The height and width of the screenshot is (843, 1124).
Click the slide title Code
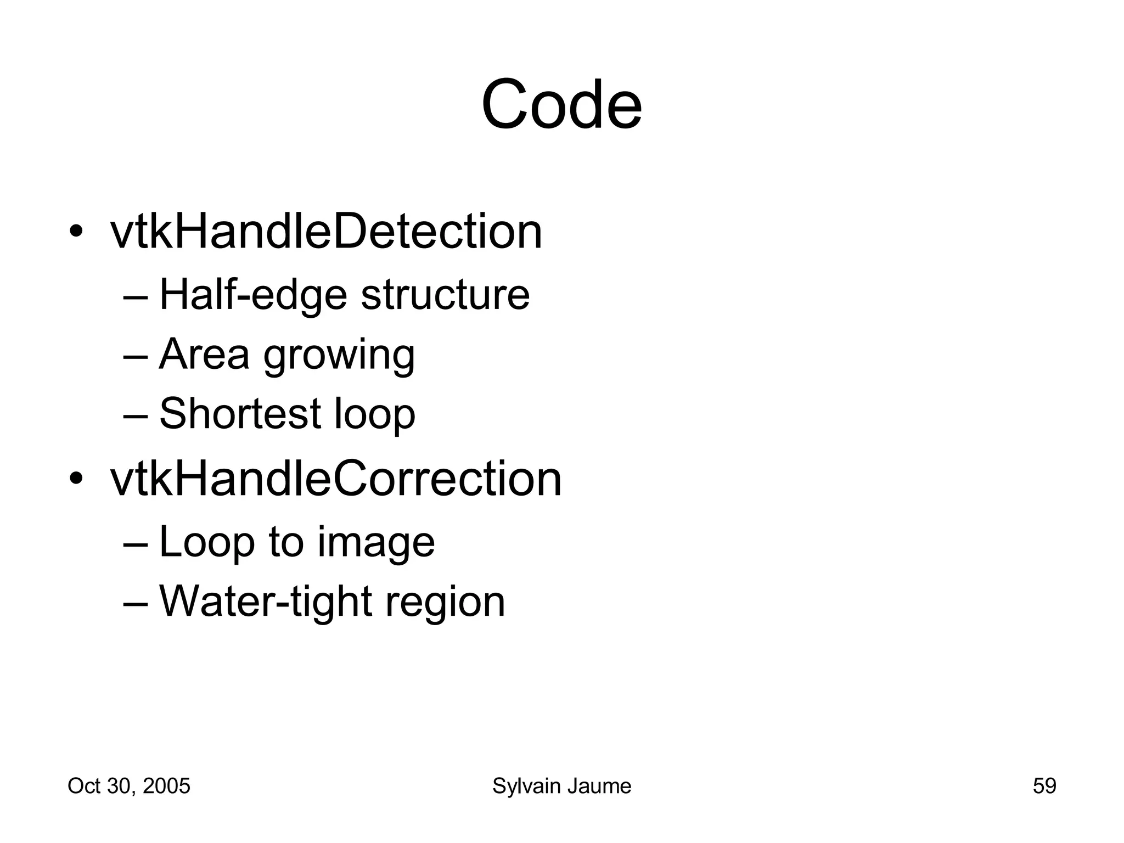coord(561,105)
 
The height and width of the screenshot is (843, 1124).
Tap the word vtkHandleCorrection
coord(336,479)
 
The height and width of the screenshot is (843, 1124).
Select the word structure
coord(445,295)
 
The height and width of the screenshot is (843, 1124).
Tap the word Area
coord(204,354)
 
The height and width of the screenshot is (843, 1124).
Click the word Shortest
coord(240,413)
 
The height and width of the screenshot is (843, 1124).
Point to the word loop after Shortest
coord(375,413)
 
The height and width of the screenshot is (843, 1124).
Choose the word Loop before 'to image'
coord(207,542)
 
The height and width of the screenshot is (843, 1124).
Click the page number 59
coord(1044,786)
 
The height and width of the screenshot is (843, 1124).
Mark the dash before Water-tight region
coord(136,603)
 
